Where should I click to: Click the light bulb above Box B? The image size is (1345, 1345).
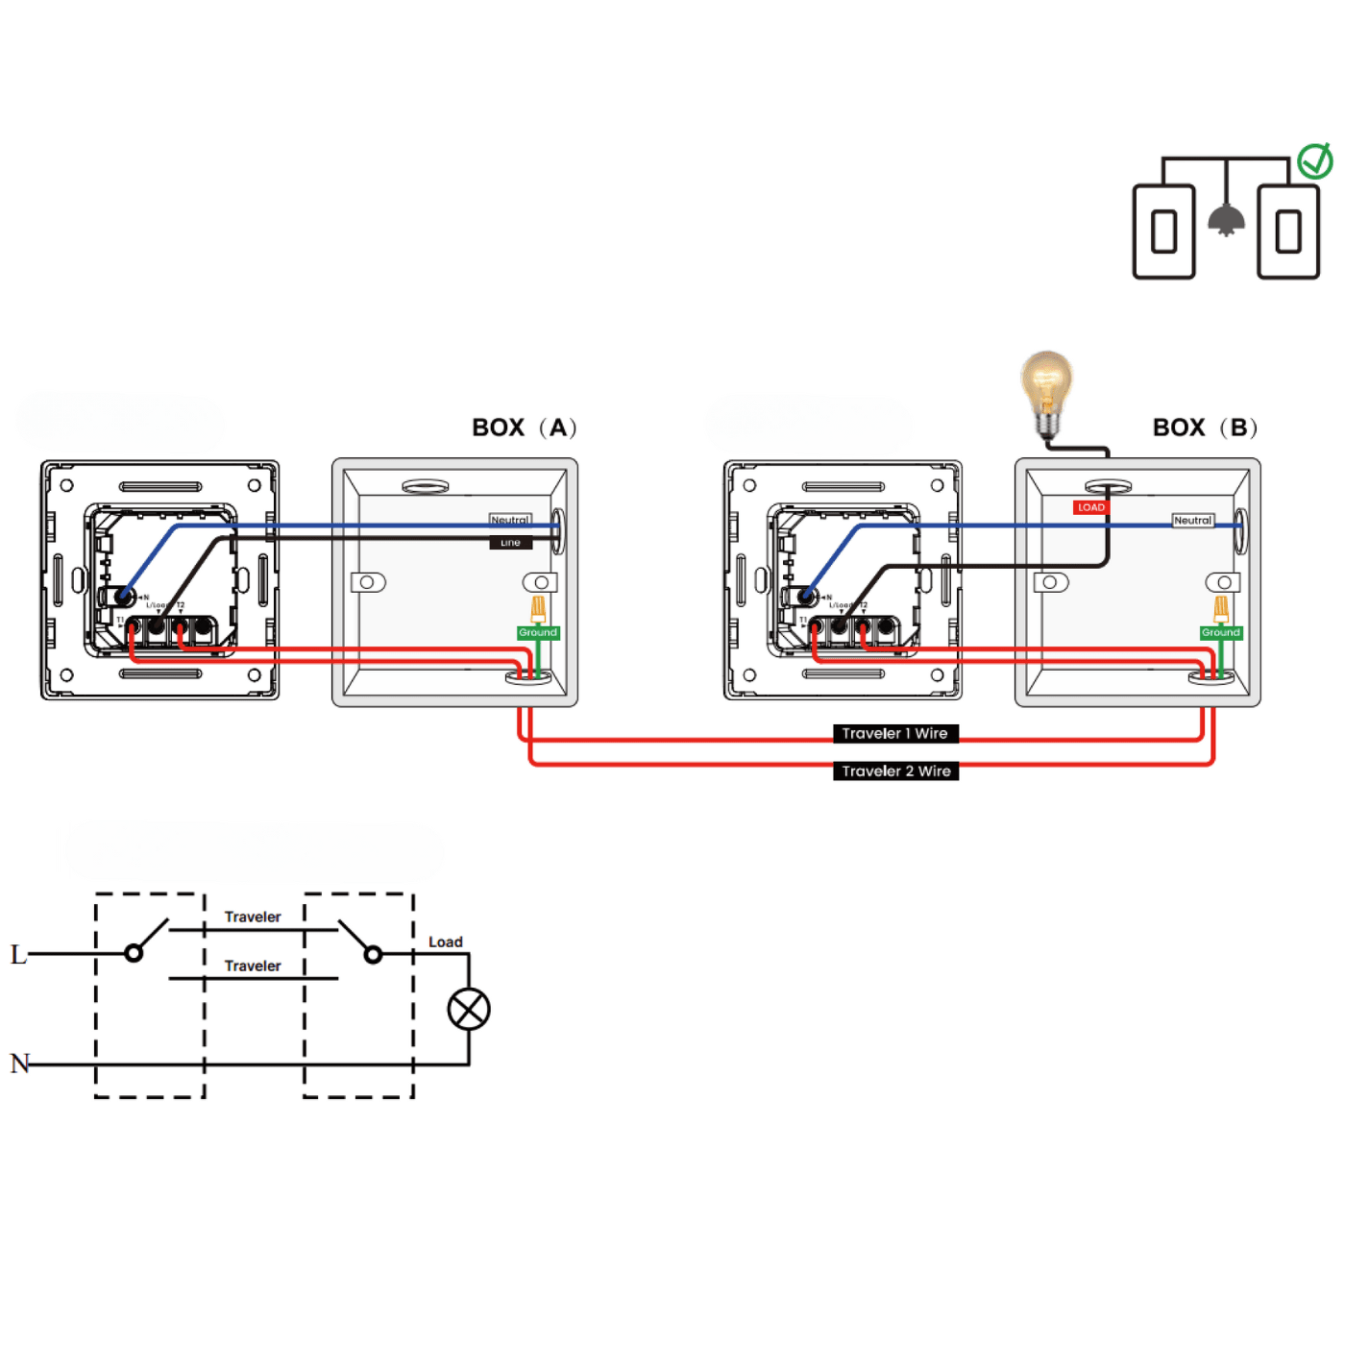pyautogui.click(x=1046, y=389)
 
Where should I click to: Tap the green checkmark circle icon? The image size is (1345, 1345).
pyautogui.click(x=1314, y=161)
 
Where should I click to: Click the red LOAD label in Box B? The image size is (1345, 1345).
pyautogui.click(x=1090, y=507)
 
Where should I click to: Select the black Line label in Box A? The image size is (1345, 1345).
pyautogui.click(x=510, y=543)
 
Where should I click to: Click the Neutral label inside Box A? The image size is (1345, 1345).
pyautogui.click(x=510, y=520)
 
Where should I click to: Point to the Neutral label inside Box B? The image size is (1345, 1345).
pyautogui.click(x=1192, y=520)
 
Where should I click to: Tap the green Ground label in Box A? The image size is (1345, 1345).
pyautogui.click(x=538, y=632)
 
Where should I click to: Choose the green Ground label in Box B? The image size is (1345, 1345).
pyautogui.click(x=1221, y=632)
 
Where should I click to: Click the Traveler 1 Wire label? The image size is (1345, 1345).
pyautogui.click(x=894, y=733)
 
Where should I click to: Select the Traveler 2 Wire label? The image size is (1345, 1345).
pyautogui.click(x=895, y=770)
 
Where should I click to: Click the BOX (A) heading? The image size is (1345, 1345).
pyautogui.click(x=524, y=428)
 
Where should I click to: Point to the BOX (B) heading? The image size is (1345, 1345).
pyautogui.click(x=1205, y=428)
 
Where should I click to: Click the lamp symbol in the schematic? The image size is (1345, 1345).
pyautogui.click(x=469, y=1009)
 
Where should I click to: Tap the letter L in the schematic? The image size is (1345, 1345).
pyautogui.click(x=18, y=954)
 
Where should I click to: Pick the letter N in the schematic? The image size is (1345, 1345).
pyautogui.click(x=20, y=1064)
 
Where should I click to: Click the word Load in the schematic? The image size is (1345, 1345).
pyautogui.click(x=445, y=941)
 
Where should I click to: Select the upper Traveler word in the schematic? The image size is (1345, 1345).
pyautogui.click(x=253, y=917)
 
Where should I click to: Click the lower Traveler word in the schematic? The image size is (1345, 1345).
pyautogui.click(x=253, y=966)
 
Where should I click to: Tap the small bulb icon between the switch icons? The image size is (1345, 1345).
pyautogui.click(x=1226, y=220)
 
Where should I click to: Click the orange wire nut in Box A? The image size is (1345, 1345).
pyautogui.click(x=539, y=608)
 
